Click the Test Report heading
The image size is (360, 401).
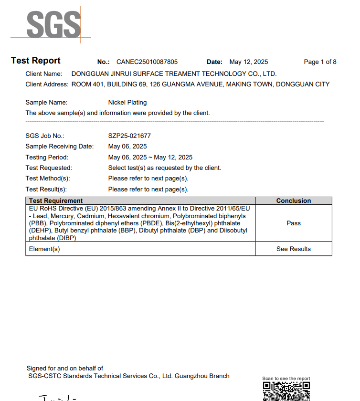pyautogui.click(x=36, y=61)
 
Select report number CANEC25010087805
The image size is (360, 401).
pyautogui.click(x=147, y=62)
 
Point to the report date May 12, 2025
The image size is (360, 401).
pyautogui.click(x=249, y=62)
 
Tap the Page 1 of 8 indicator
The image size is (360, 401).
pyautogui.click(x=320, y=62)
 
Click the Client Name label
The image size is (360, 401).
pyautogui.click(x=44, y=74)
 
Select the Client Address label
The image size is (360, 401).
pyautogui.click(x=47, y=84)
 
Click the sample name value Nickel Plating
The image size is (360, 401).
pyautogui.click(x=127, y=103)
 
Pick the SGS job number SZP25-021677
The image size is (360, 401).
pyautogui.click(x=129, y=136)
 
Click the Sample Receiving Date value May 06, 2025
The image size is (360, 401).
pyautogui.click(x=127, y=147)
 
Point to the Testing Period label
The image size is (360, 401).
pyautogui.click(x=47, y=158)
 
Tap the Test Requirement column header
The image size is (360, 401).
pyautogui.click(x=56, y=201)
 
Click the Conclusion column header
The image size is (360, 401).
pyautogui.click(x=294, y=201)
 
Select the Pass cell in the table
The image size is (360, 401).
pyautogui.click(x=294, y=223)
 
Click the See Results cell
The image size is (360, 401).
pyautogui.click(x=294, y=249)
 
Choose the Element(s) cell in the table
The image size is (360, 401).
pyautogui.click(x=44, y=249)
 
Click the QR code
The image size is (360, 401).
pyautogui.click(x=286, y=391)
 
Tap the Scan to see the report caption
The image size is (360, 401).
pyautogui.click(x=286, y=379)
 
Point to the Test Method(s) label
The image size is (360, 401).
pyautogui.click(x=48, y=179)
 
